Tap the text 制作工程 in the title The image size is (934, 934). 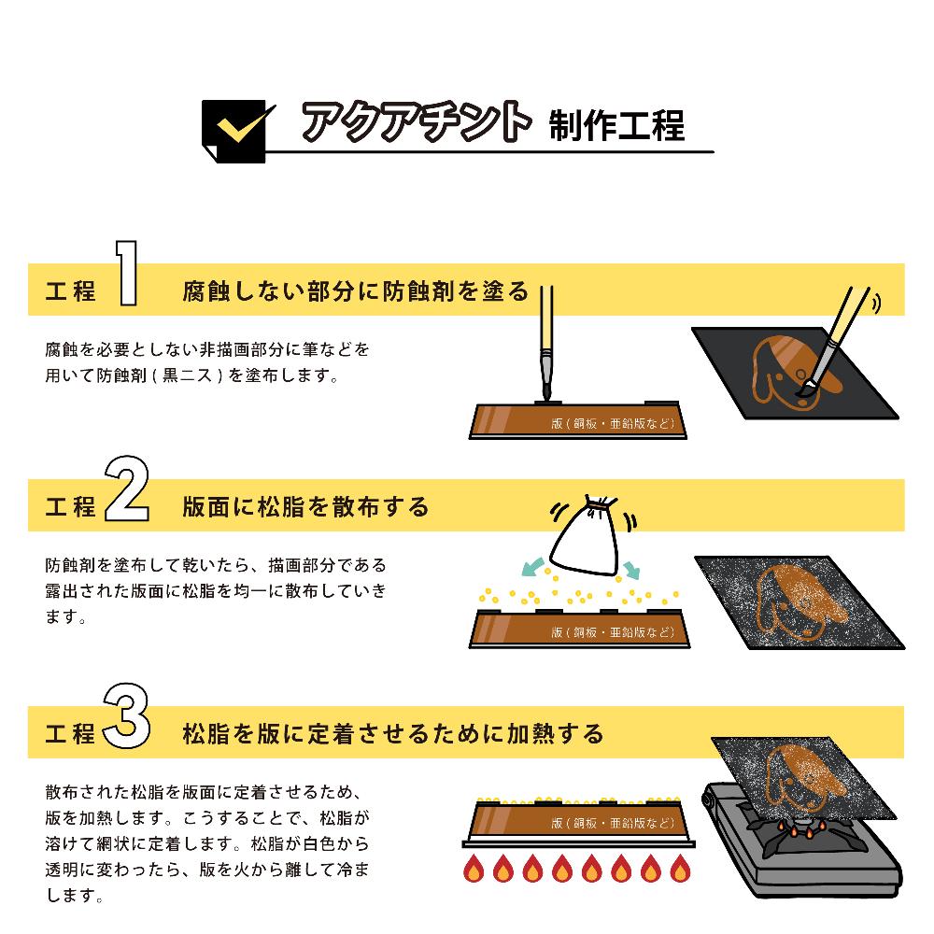(x=617, y=124)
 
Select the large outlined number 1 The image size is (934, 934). (x=128, y=274)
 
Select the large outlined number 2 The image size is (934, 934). (x=127, y=488)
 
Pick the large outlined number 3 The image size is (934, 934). (x=127, y=717)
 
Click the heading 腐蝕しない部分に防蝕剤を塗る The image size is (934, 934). (x=355, y=290)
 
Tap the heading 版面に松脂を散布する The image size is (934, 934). (x=306, y=506)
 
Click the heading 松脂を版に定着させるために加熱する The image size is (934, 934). (x=393, y=733)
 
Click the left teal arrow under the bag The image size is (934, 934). (x=533, y=566)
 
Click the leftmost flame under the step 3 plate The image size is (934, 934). (x=474, y=869)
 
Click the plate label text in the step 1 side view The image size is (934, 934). (x=612, y=424)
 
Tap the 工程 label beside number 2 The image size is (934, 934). (x=71, y=507)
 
